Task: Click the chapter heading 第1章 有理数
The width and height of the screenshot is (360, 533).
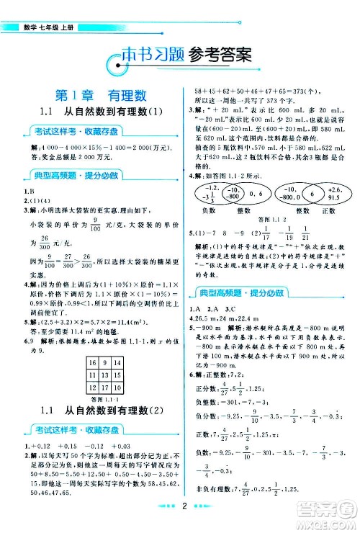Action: coord(91,94)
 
